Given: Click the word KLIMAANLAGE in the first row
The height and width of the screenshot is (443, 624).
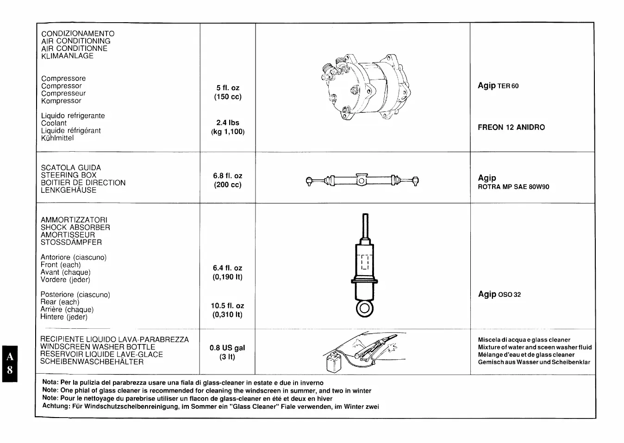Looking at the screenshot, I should pos(67,56).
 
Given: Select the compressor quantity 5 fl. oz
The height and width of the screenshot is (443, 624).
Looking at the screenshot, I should pos(228,88).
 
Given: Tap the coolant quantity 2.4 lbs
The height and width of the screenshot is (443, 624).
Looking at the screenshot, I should pos(228,123).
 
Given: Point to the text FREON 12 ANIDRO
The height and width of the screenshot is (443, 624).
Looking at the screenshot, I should pos(511,127).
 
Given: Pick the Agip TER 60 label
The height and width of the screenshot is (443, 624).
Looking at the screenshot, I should pos(498,86).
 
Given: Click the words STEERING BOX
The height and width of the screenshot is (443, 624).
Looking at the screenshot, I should pos(69,175).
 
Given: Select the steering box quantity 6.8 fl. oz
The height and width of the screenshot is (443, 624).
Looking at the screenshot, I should pos(228,176).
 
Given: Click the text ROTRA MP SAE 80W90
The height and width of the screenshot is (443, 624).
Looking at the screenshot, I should pos(513,187).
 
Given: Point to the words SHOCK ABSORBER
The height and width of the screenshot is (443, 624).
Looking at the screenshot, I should pos(75,228).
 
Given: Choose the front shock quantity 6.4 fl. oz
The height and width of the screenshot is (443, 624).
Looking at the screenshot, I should pos(228,268).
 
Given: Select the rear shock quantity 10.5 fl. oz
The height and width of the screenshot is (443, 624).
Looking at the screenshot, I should pos(228,306).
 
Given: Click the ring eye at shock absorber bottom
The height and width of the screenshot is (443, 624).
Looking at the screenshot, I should pos(365,308).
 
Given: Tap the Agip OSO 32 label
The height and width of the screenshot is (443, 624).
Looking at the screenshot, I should pos(499,294).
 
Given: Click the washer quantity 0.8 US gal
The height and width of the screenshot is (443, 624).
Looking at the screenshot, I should pos(227,348).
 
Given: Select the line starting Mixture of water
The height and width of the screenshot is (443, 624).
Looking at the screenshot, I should pos(535,347).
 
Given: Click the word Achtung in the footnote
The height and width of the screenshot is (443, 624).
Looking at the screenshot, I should pos(56,406).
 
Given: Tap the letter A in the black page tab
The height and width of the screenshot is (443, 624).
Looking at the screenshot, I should pos(10,357).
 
